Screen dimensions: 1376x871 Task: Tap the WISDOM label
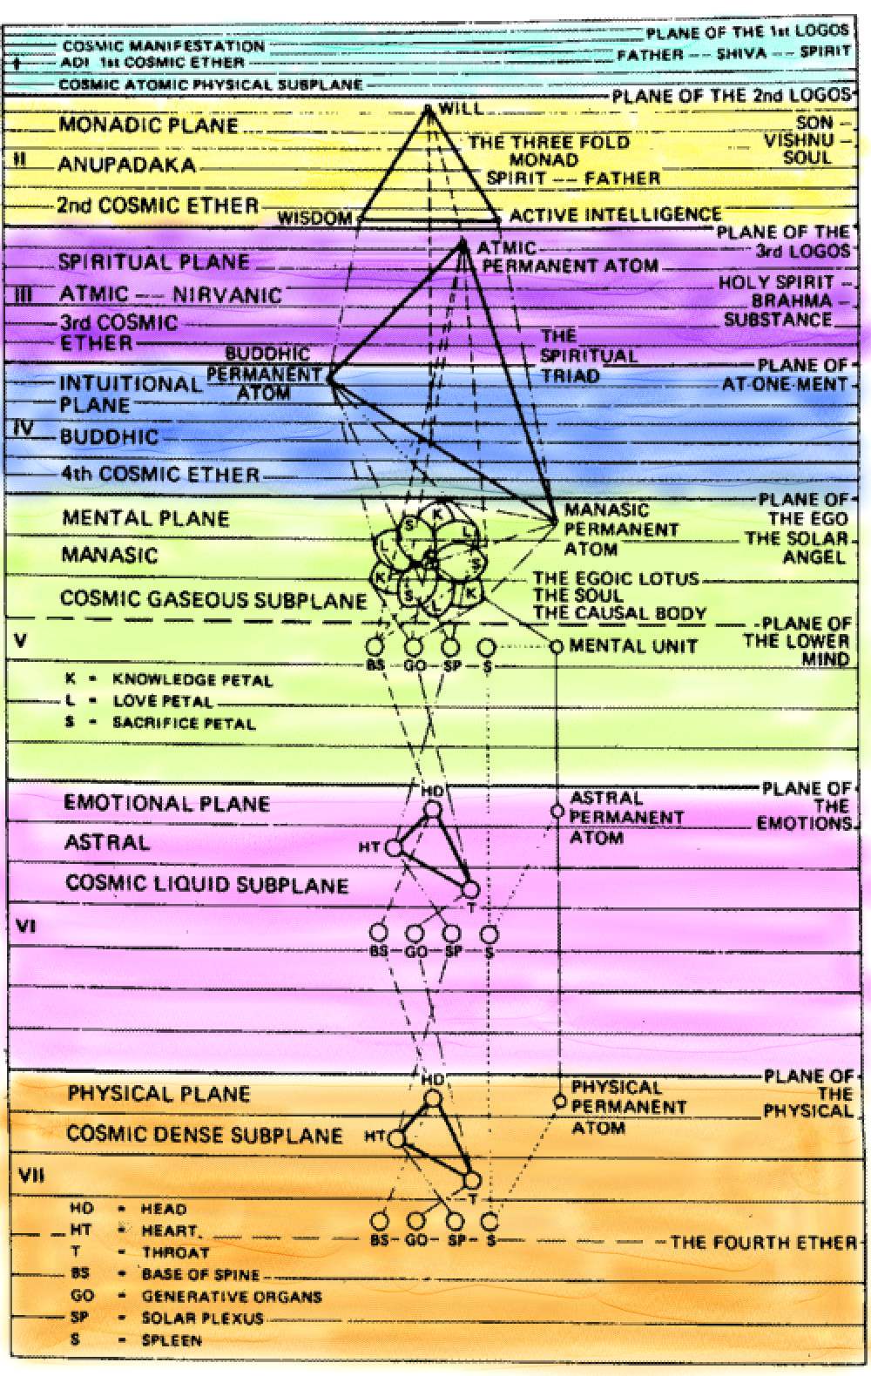(x=314, y=218)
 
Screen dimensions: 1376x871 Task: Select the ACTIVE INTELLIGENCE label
(x=615, y=214)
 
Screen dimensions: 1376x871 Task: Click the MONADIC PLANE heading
(x=148, y=125)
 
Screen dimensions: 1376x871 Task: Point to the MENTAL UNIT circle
(x=557, y=646)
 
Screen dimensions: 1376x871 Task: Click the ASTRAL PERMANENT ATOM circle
(x=557, y=812)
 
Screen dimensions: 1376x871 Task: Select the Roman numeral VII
(x=31, y=1176)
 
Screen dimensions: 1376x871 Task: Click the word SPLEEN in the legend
(x=172, y=1339)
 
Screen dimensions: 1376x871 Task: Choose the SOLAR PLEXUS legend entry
(x=201, y=1318)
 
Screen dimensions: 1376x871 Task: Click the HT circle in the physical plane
(x=396, y=1138)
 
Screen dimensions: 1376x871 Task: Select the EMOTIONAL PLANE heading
(x=166, y=803)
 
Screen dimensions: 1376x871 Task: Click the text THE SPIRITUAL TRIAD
(x=588, y=356)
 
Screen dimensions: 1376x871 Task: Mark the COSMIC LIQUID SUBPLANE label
(x=206, y=884)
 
